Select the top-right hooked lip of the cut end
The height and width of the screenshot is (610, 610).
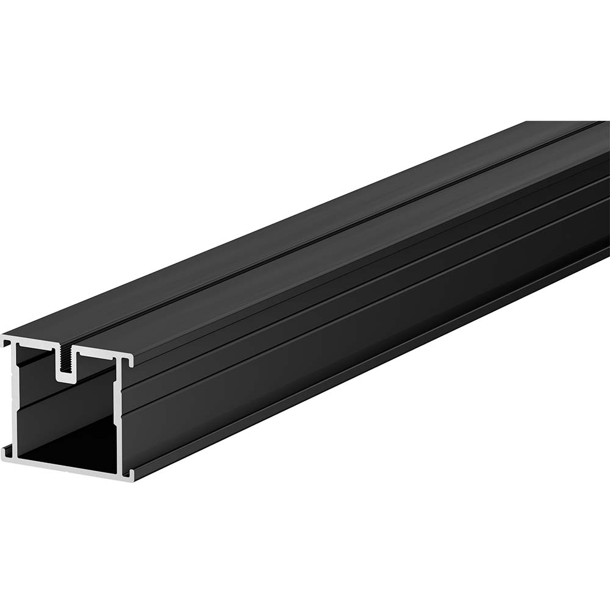click(130, 361)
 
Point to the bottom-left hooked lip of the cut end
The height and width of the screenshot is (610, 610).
click(6, 452)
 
